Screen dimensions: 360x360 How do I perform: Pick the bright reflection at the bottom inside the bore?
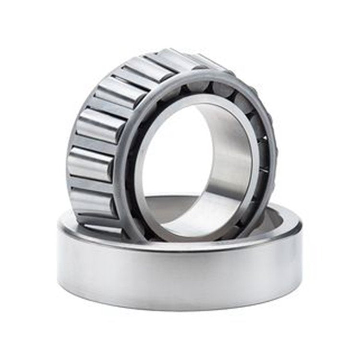coord(192,226)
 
